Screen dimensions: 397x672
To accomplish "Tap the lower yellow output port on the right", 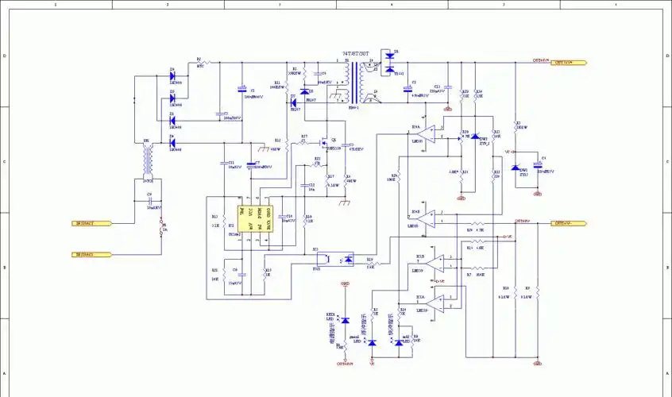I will pyautogui.click(x=570, y=224).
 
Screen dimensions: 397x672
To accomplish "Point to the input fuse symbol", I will pyautogui.click(x=161, y=231).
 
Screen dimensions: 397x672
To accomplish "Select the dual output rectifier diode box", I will pyautogui.click(x=389, y=64).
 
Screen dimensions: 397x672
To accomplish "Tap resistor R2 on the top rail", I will pyautogui.click(x=199, y=63).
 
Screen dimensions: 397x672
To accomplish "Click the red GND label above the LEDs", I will pyautogui.click(x=345, y=283).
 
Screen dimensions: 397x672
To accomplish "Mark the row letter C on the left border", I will pyautogui.click(x=4, y=161).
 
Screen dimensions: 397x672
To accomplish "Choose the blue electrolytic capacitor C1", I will pyautogui.click(x=242, y=90).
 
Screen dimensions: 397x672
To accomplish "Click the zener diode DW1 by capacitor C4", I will pyautogui.click(x=515, y=168).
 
